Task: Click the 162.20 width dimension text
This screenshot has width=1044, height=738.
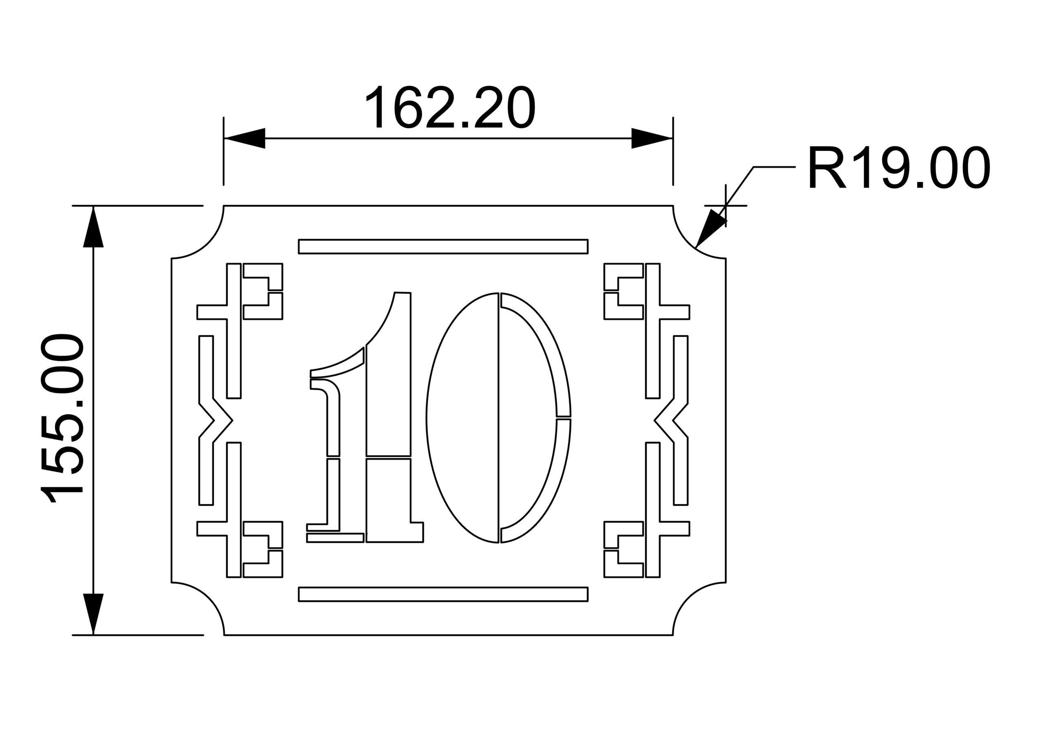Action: coord(450,107)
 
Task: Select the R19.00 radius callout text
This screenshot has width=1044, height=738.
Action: coord(898,167)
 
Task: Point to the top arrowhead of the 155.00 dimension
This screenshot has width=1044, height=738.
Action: coord(93,228)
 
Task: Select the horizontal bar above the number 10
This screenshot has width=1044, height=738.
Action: coord(443,246)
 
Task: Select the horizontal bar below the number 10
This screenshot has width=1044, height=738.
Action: coord(443,594)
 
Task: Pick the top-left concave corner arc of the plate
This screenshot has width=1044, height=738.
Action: coord(205,241)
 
